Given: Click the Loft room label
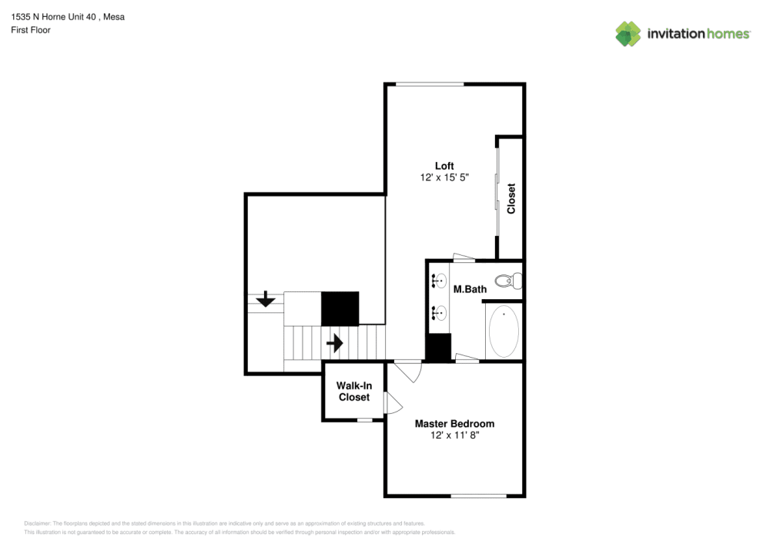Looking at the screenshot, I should coord(444,166).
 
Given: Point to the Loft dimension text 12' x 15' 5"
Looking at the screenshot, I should coord(444,177).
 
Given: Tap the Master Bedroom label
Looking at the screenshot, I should coord(454,423).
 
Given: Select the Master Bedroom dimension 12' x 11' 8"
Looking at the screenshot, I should coord(454,436).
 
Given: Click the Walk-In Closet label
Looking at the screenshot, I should coord(354,392).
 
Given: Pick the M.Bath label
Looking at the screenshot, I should coord(470,290).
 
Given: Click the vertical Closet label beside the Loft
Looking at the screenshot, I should coord(511,199).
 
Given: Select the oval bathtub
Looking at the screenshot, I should coord(504,331).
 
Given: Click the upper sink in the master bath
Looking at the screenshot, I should coord(440,281).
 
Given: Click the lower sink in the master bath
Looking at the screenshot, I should coord(440,313).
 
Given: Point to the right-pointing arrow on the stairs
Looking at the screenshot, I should coord(334,342).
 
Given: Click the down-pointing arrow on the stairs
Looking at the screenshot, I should coord(266,299).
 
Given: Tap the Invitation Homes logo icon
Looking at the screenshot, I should coord(628,33).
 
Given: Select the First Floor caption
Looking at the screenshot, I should coord(31,30).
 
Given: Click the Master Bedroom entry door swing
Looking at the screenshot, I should coord(411,371).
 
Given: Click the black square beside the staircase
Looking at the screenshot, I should coord(340,308).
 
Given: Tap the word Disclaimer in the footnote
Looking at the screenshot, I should coord(38,523).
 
